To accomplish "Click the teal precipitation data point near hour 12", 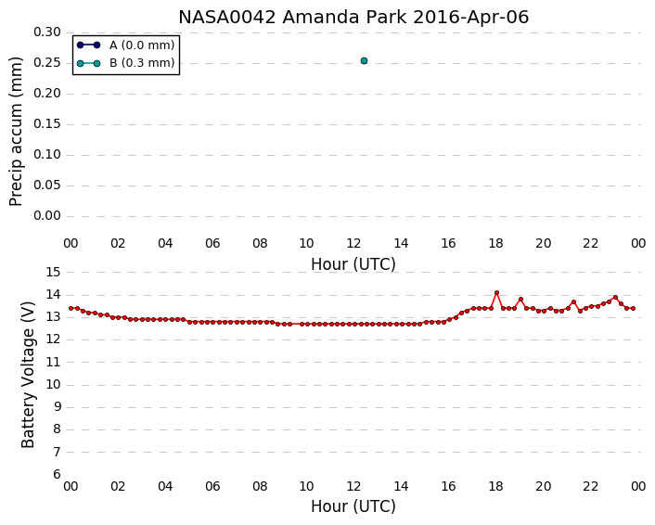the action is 364,61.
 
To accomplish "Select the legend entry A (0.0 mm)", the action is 125,45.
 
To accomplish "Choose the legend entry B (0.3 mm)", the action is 125,63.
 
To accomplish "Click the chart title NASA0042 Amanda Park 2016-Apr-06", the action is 353,18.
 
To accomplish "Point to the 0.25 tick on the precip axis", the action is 46,63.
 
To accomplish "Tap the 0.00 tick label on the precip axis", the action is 46,216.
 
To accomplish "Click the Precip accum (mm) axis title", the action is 16,132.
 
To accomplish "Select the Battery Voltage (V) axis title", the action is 28,375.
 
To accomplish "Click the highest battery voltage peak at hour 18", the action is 496,293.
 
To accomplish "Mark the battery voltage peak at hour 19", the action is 520,299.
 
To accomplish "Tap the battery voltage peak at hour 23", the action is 615,298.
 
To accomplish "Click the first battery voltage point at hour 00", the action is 71,308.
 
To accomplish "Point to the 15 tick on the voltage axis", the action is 54,273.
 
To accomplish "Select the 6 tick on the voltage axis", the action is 57,475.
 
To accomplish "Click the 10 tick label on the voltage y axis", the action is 54,385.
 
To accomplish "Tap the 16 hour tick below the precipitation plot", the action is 449,244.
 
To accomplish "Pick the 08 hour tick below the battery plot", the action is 260,487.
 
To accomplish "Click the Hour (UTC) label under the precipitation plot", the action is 353,264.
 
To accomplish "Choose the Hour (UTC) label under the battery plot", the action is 353,506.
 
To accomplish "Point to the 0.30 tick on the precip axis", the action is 46,32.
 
